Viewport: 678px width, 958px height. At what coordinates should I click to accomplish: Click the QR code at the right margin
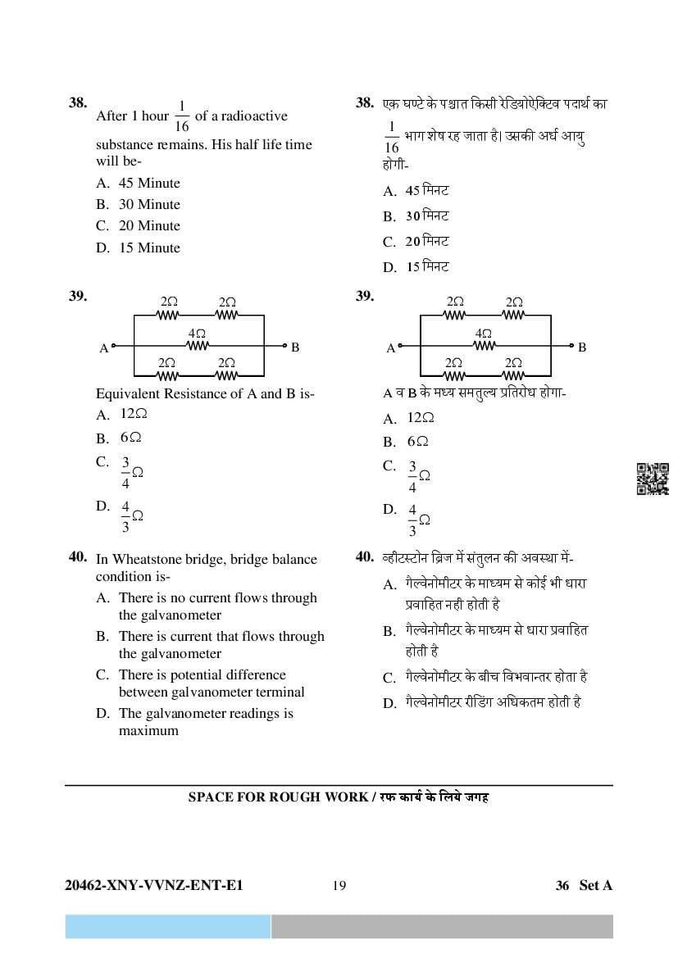[x=653, y=479]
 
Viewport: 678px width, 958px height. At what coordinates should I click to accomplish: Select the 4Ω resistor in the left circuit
[x=197, y=345]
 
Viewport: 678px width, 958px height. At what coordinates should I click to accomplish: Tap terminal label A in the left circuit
[x=104, y=348]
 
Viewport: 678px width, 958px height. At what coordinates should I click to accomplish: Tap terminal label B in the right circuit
[x=582, y=347]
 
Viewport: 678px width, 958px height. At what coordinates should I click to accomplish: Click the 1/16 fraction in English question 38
[x=182, y=116]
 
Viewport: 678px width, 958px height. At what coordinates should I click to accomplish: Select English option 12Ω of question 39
[x=134, y=415]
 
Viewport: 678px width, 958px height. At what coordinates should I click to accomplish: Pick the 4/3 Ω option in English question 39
[x=131, y=516]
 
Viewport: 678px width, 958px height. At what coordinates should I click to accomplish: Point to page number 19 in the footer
[x=339, y=885]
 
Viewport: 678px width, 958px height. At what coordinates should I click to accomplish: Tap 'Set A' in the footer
[x=596, y=885]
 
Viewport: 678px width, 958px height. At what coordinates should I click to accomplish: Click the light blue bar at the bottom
[x=168, y=927]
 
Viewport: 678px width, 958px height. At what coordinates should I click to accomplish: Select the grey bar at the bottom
[x=442, y=927]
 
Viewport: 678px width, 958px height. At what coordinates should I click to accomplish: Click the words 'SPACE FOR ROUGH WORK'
[x=276, y=797]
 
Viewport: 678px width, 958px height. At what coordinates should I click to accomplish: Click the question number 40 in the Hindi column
[x=365, y=557]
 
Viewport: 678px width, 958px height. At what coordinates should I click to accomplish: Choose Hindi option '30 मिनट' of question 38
[x=427, y=216]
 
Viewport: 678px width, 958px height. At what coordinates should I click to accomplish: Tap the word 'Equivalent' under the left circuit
[x=129, y=394]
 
